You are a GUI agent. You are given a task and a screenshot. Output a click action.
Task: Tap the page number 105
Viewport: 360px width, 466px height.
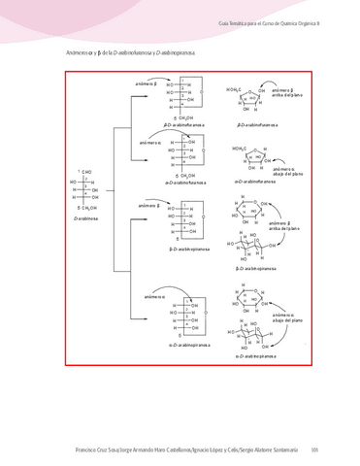pyautogui.click(x=313, y=449)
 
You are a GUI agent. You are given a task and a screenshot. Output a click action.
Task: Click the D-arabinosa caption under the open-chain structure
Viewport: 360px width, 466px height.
pyautogui.click(x=87, y=219)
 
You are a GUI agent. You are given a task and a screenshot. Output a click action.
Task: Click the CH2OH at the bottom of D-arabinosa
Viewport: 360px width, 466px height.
pyautogui.click(x=86, y=208)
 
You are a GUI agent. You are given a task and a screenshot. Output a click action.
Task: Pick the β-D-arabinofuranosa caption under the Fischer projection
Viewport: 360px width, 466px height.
pyautogui.click(x=180, y=124)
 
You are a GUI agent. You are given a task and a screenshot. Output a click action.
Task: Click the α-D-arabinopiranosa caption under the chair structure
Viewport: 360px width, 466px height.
pyautogui.click(x=255, y=356)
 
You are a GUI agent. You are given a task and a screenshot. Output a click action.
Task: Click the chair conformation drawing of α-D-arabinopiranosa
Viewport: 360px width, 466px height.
pyautogui.click(x=255, y=335)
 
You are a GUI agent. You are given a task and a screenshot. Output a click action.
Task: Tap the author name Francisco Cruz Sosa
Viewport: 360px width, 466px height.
pyautogui.click(x=97, y=449)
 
